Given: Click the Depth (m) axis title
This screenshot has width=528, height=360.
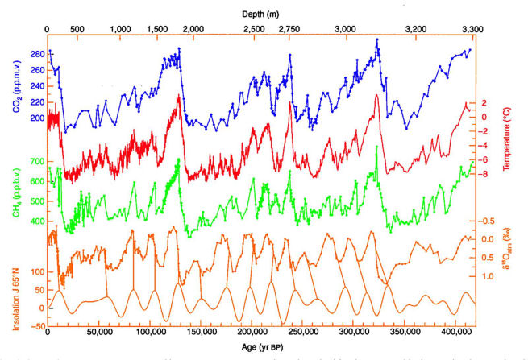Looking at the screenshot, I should pyautogui.click(x=263, y=14).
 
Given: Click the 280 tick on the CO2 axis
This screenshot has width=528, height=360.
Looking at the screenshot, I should pyautogui.click(x=35, y=55).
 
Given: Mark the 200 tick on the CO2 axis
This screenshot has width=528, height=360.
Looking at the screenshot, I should pyautogui.click(x=35, y=118).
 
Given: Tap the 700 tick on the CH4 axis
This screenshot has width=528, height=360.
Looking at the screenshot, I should pyautogui.click(x=35, y=162).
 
